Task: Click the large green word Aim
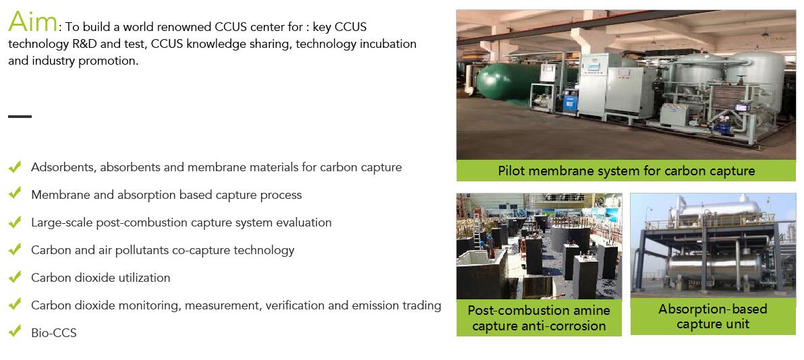32,22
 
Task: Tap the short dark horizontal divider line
20,117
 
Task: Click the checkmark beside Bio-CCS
15,331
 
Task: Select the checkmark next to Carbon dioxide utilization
15,276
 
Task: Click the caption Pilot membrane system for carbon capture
626,171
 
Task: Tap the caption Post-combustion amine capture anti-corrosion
539,318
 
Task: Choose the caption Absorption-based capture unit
713,316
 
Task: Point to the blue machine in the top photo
570,100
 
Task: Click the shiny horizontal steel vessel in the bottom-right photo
713,267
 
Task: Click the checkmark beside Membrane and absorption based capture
15,193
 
